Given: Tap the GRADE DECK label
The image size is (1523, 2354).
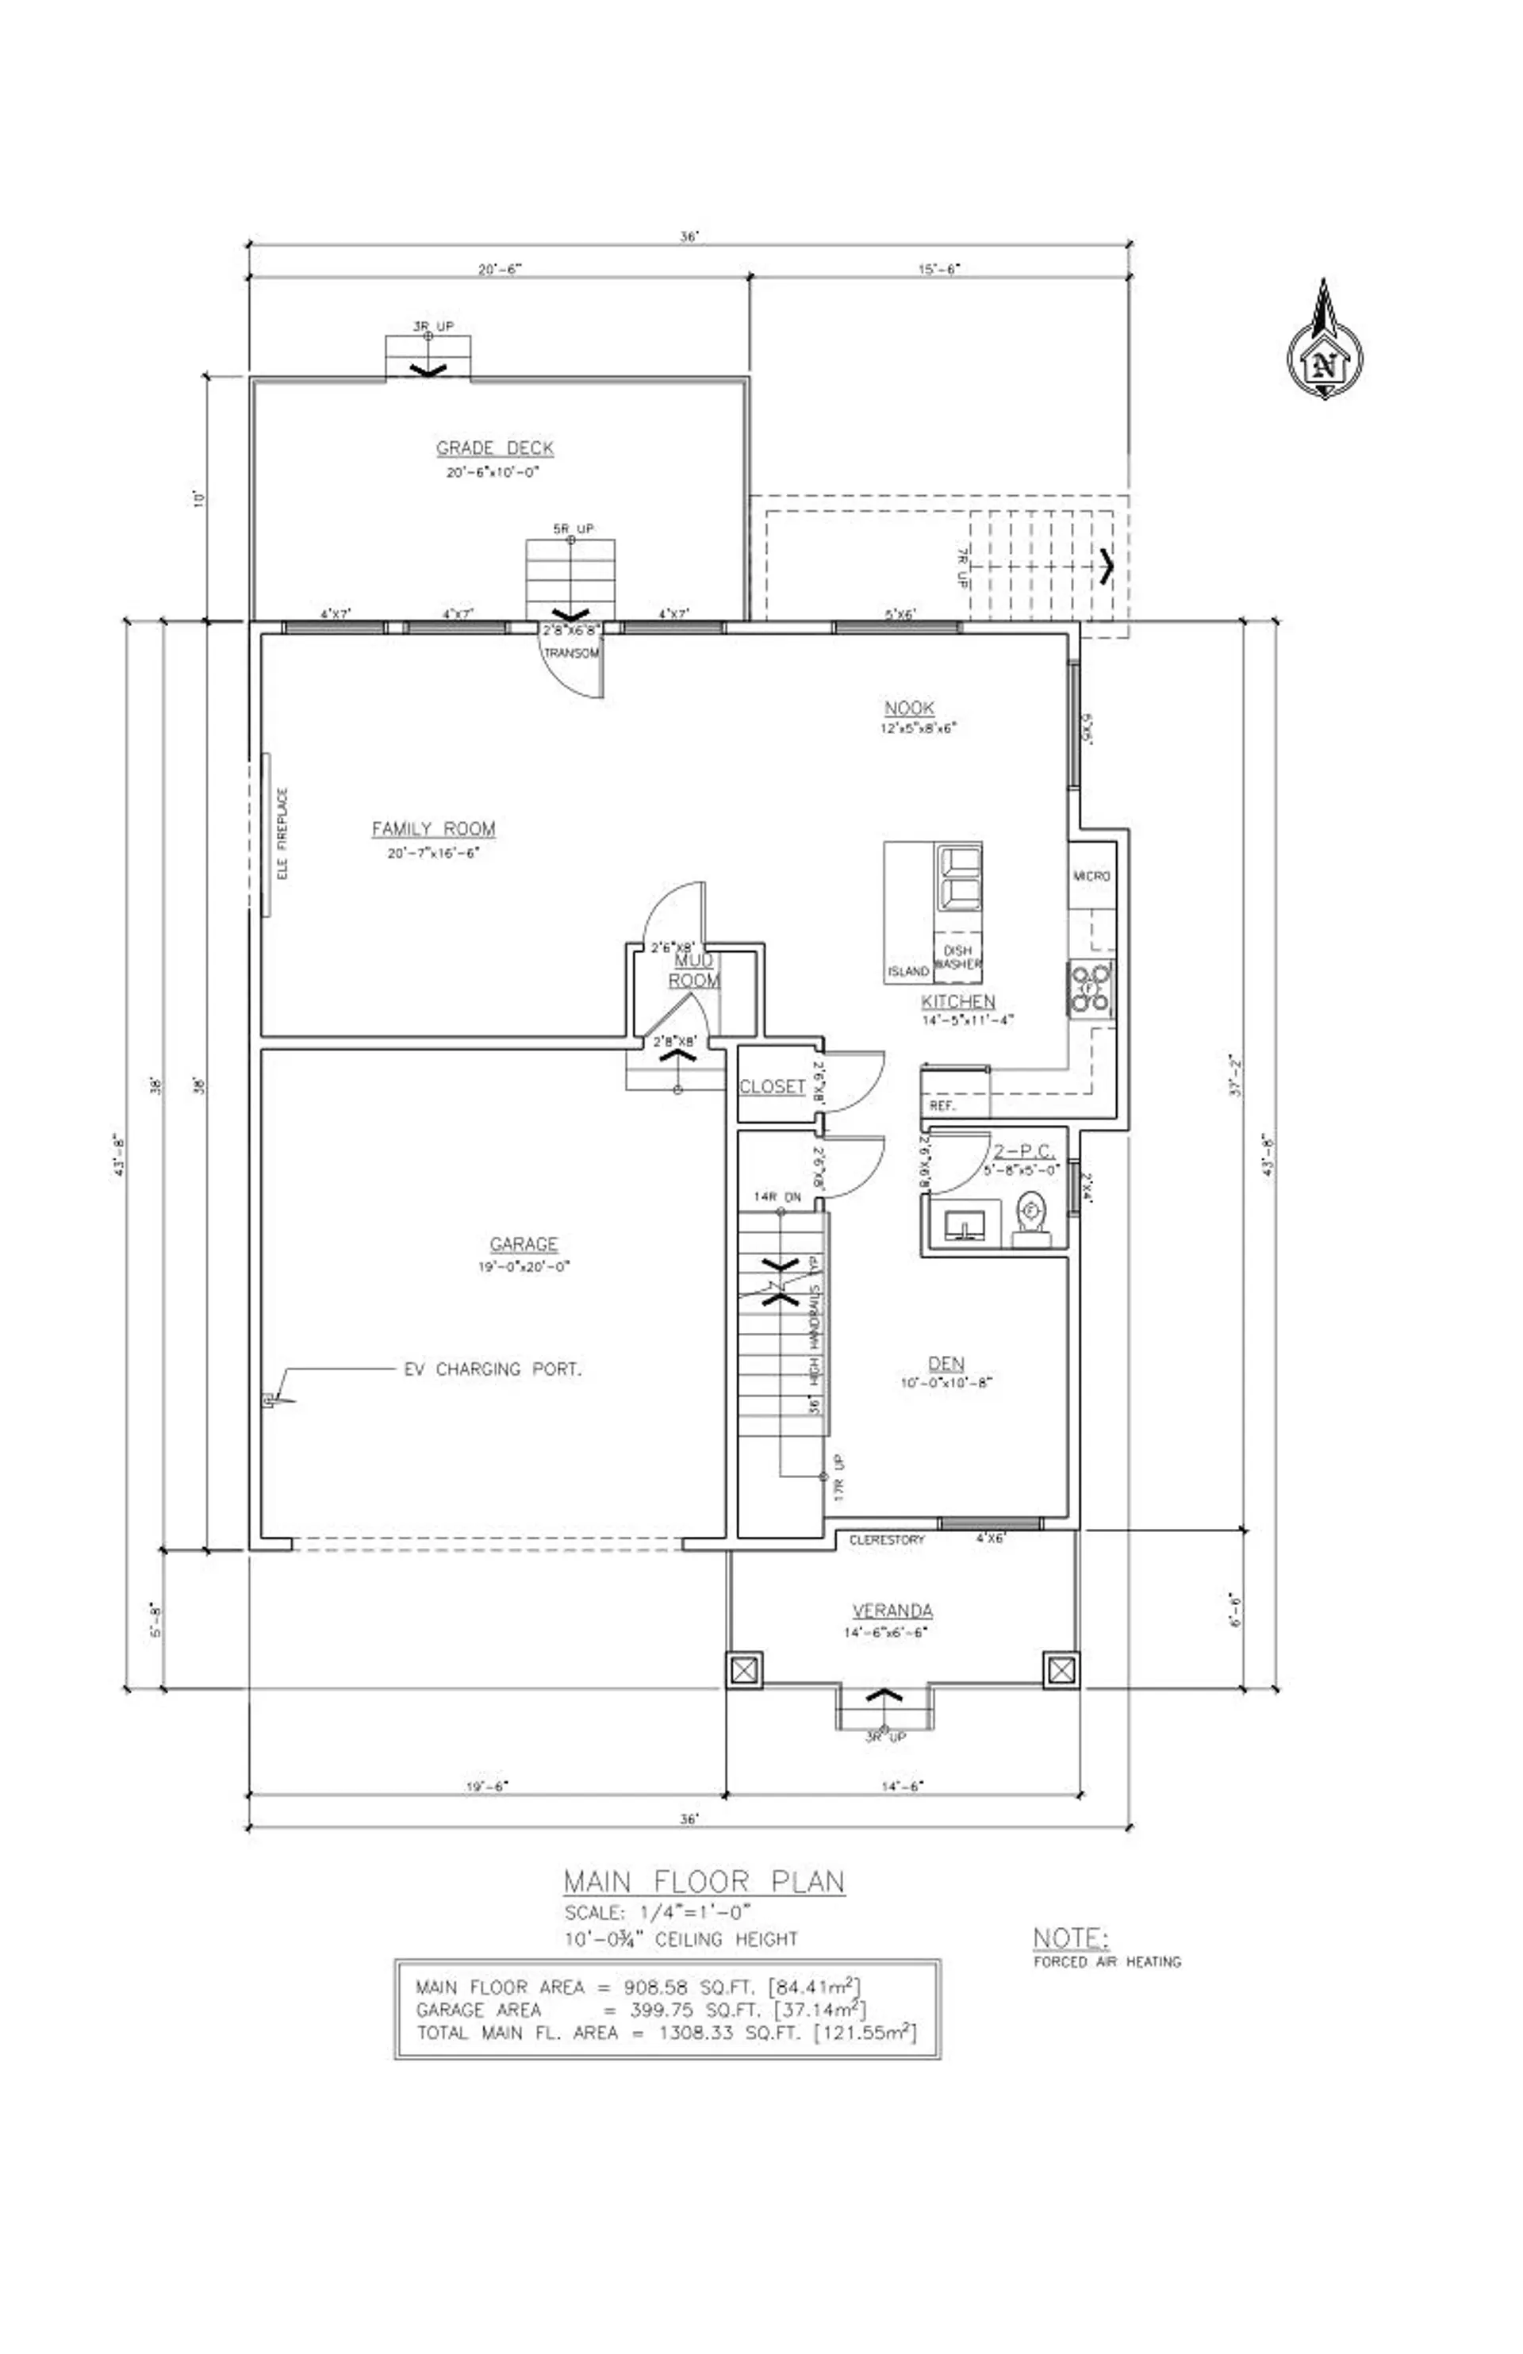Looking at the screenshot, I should click(x=494, y=448).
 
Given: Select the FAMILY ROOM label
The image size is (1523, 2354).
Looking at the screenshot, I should click(x=433, y=829).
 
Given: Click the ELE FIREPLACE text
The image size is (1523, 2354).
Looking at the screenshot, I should click(x=283, y=834).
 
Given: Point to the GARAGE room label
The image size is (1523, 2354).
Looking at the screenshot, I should click(x=524, y=1244).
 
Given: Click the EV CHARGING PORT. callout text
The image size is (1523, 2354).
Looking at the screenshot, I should click(x=493, y=1370).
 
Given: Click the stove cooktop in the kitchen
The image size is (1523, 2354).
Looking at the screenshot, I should click(x=1089, y=988).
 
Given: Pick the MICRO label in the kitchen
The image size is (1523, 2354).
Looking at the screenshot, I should click(x=1091, y=877).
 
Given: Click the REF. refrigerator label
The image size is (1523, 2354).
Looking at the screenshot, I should click(x=942, y=1107).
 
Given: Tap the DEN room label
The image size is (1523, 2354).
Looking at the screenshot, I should click(x=946, y=1364).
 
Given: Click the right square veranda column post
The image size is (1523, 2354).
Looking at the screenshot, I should click(x=1061, y=1671).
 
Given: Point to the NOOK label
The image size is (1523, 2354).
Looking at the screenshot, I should click(x=909, y=709).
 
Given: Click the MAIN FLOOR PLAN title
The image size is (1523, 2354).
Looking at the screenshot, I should click(x=704, y=1881).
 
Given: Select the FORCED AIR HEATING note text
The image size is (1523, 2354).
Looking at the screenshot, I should click(x=1107, y=1961).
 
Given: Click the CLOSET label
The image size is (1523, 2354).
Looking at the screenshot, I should click(x=773, y=1086).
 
